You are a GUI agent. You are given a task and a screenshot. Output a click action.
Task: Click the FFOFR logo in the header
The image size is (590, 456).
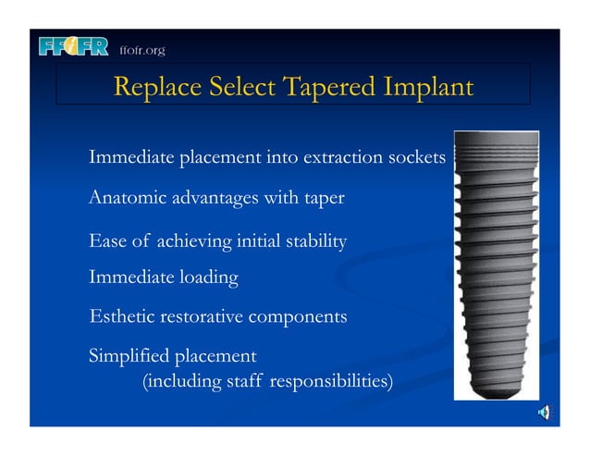coord(75,47)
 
